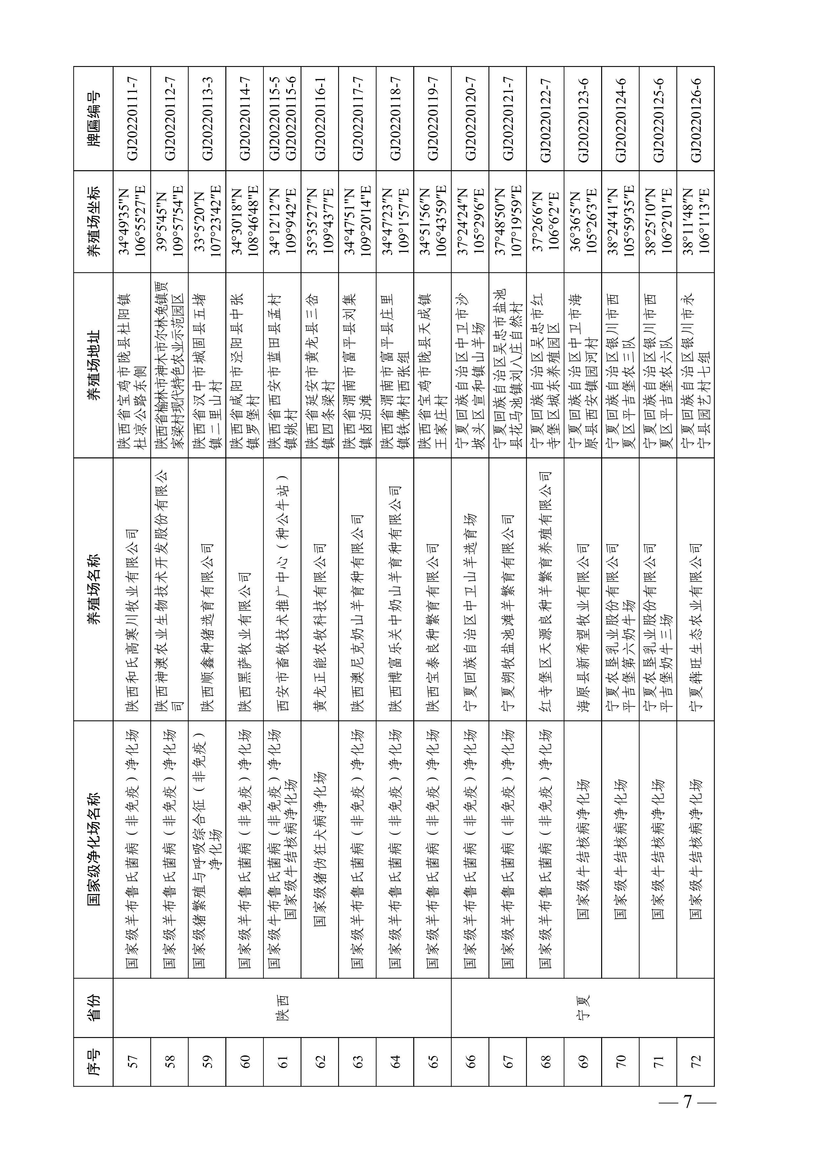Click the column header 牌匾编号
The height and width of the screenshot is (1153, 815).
pyautogui.click(x=93, y=119)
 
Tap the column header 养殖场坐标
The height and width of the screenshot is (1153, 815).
pyautogui.click(x=93, y=221)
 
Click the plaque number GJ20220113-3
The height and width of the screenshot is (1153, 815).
pyautogui.click(x=207, y=119)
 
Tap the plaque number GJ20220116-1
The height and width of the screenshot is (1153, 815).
pyautogui.click(x=320, y=119)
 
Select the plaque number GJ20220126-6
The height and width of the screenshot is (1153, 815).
pyautogui.click(x=695, y=119)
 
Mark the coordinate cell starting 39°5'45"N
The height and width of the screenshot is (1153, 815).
pyautogui.click(x=169, y=221)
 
